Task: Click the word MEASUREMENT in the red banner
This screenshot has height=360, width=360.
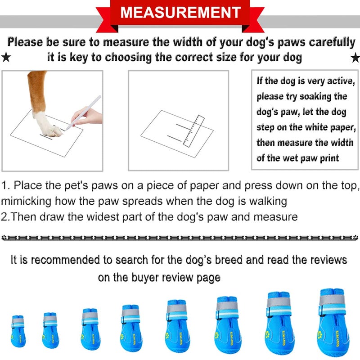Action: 180,12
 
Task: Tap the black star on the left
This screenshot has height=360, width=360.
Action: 6,57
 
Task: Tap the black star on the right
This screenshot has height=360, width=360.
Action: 355,57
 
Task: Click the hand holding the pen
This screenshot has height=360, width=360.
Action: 88,117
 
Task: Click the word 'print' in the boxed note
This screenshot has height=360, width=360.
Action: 326,158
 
